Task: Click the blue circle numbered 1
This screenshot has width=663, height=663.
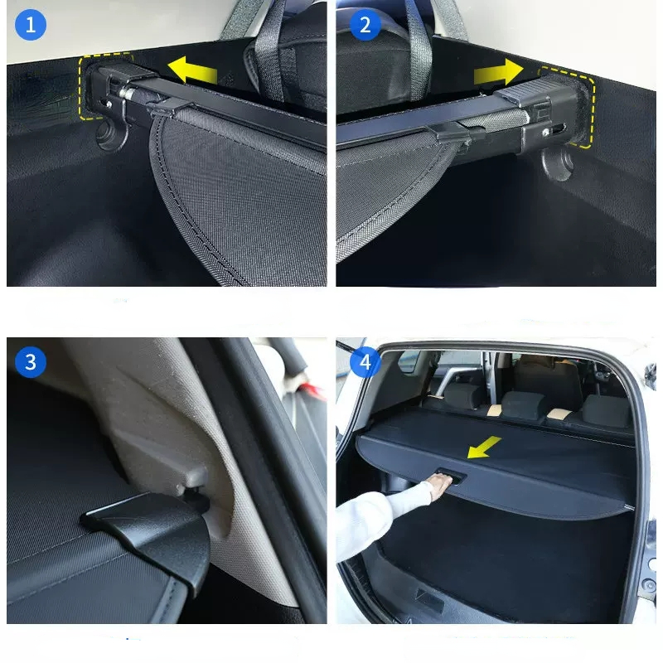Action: tap(31, 25)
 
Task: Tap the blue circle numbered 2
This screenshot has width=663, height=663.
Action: tap(365, 25)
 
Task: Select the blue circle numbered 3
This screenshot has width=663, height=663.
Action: tap(31, 362)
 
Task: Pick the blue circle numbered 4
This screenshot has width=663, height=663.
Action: tap(365, 362)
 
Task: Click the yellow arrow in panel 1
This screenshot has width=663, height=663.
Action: tap(192, 70)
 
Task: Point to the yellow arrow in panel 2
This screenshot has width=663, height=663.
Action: tap(499, 72)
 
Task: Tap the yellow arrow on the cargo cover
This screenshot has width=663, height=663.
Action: tap(484, 448)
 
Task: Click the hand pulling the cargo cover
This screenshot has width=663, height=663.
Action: tap(441, 486)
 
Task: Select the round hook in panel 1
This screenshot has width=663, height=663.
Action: tap(110, 134)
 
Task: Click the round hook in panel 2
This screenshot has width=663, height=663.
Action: tap(557, 162)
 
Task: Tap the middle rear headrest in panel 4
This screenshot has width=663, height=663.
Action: tap(523, 405)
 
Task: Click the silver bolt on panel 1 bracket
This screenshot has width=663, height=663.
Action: tap(126, 92)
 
